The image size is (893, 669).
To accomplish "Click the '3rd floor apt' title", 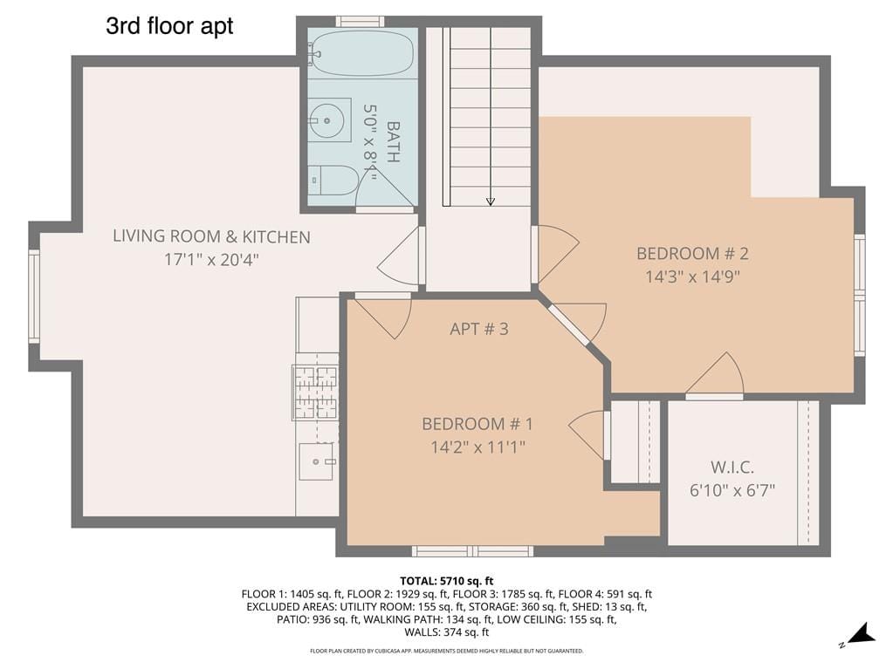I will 169,26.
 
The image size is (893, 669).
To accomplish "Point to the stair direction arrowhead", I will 490,201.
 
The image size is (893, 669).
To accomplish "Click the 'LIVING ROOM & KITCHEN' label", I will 211,236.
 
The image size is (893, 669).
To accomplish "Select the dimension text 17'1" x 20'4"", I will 211,259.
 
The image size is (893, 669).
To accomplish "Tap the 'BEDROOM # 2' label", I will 692,254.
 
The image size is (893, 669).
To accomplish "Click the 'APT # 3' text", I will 478,329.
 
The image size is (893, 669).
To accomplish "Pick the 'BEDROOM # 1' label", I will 477,424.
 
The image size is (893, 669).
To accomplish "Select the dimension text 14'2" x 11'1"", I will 477,447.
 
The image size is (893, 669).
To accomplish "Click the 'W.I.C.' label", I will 732,467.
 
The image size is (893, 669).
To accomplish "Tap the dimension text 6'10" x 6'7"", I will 732,489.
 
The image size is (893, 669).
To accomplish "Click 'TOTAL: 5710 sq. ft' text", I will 446,580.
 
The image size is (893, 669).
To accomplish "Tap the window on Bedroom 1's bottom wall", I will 472,551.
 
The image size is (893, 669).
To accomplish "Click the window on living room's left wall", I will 34,296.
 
